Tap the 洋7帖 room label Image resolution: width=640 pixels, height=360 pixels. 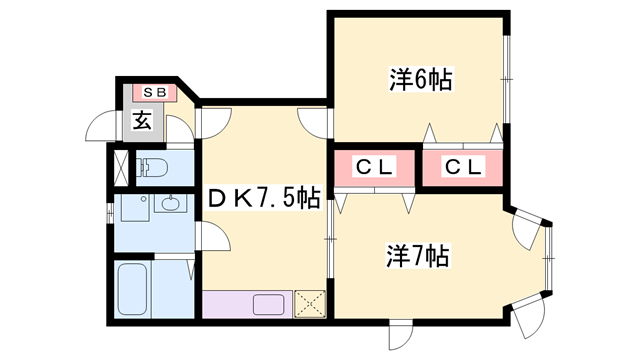[417, 256]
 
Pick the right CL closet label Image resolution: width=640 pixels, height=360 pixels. [464, 167]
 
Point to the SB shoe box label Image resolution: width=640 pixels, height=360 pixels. [154, 92]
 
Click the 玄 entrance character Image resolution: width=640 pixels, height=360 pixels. [142, 122]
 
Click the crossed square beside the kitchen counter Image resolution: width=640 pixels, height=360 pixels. [309, 302]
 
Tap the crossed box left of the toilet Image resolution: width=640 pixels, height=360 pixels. [119, 168]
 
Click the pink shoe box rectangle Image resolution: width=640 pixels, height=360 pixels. [154, 92]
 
